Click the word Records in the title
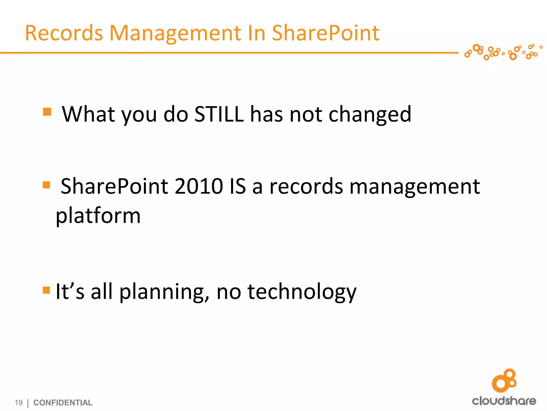[64, 33]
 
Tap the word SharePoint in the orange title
[325, 33]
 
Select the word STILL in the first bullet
[219, 114]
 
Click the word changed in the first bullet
[370, 115]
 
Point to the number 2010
[199, 186]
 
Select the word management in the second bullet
[414, 187]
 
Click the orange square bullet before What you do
[47, 112]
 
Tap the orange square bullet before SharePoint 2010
[46, 185]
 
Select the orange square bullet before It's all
[46, 290]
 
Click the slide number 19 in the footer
[18, 402]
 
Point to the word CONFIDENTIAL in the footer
[63, 402]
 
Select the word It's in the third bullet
[70, 291]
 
